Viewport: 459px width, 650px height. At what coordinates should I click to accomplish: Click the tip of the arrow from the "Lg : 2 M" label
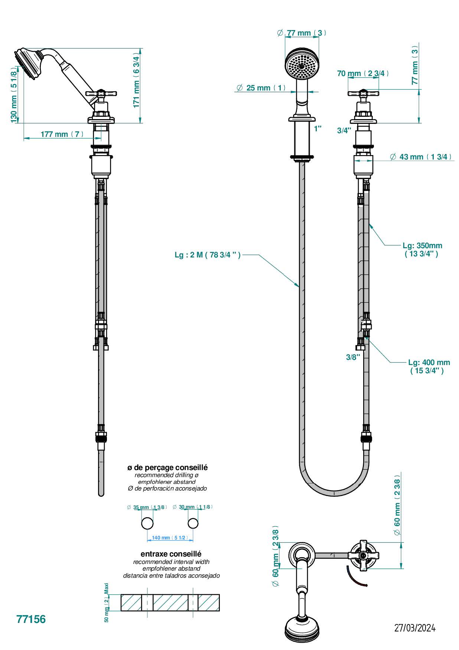pyautogui.click(x=300, y=287)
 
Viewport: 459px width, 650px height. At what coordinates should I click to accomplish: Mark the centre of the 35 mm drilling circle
pyautogui.click(x=147, y=523)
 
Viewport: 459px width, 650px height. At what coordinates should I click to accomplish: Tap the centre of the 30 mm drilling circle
pyautogui.click(x=193, y=523)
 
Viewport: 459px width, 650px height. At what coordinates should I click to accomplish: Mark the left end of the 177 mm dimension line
pyautogui.click(x=24, y=138)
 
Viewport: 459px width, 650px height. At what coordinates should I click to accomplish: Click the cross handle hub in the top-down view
pyautogui.click(x=362, y=555)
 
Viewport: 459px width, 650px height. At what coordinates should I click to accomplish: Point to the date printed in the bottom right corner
pyautogui.click(x=414, y=628)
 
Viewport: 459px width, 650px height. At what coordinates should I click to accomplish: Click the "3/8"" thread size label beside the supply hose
pyautogui.click(x=353, y=357)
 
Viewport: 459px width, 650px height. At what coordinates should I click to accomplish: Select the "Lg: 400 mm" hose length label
pyautogui.click(x=429, y=362)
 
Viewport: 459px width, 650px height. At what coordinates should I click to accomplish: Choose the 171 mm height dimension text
pyautogui.click(x=137, y=94)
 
